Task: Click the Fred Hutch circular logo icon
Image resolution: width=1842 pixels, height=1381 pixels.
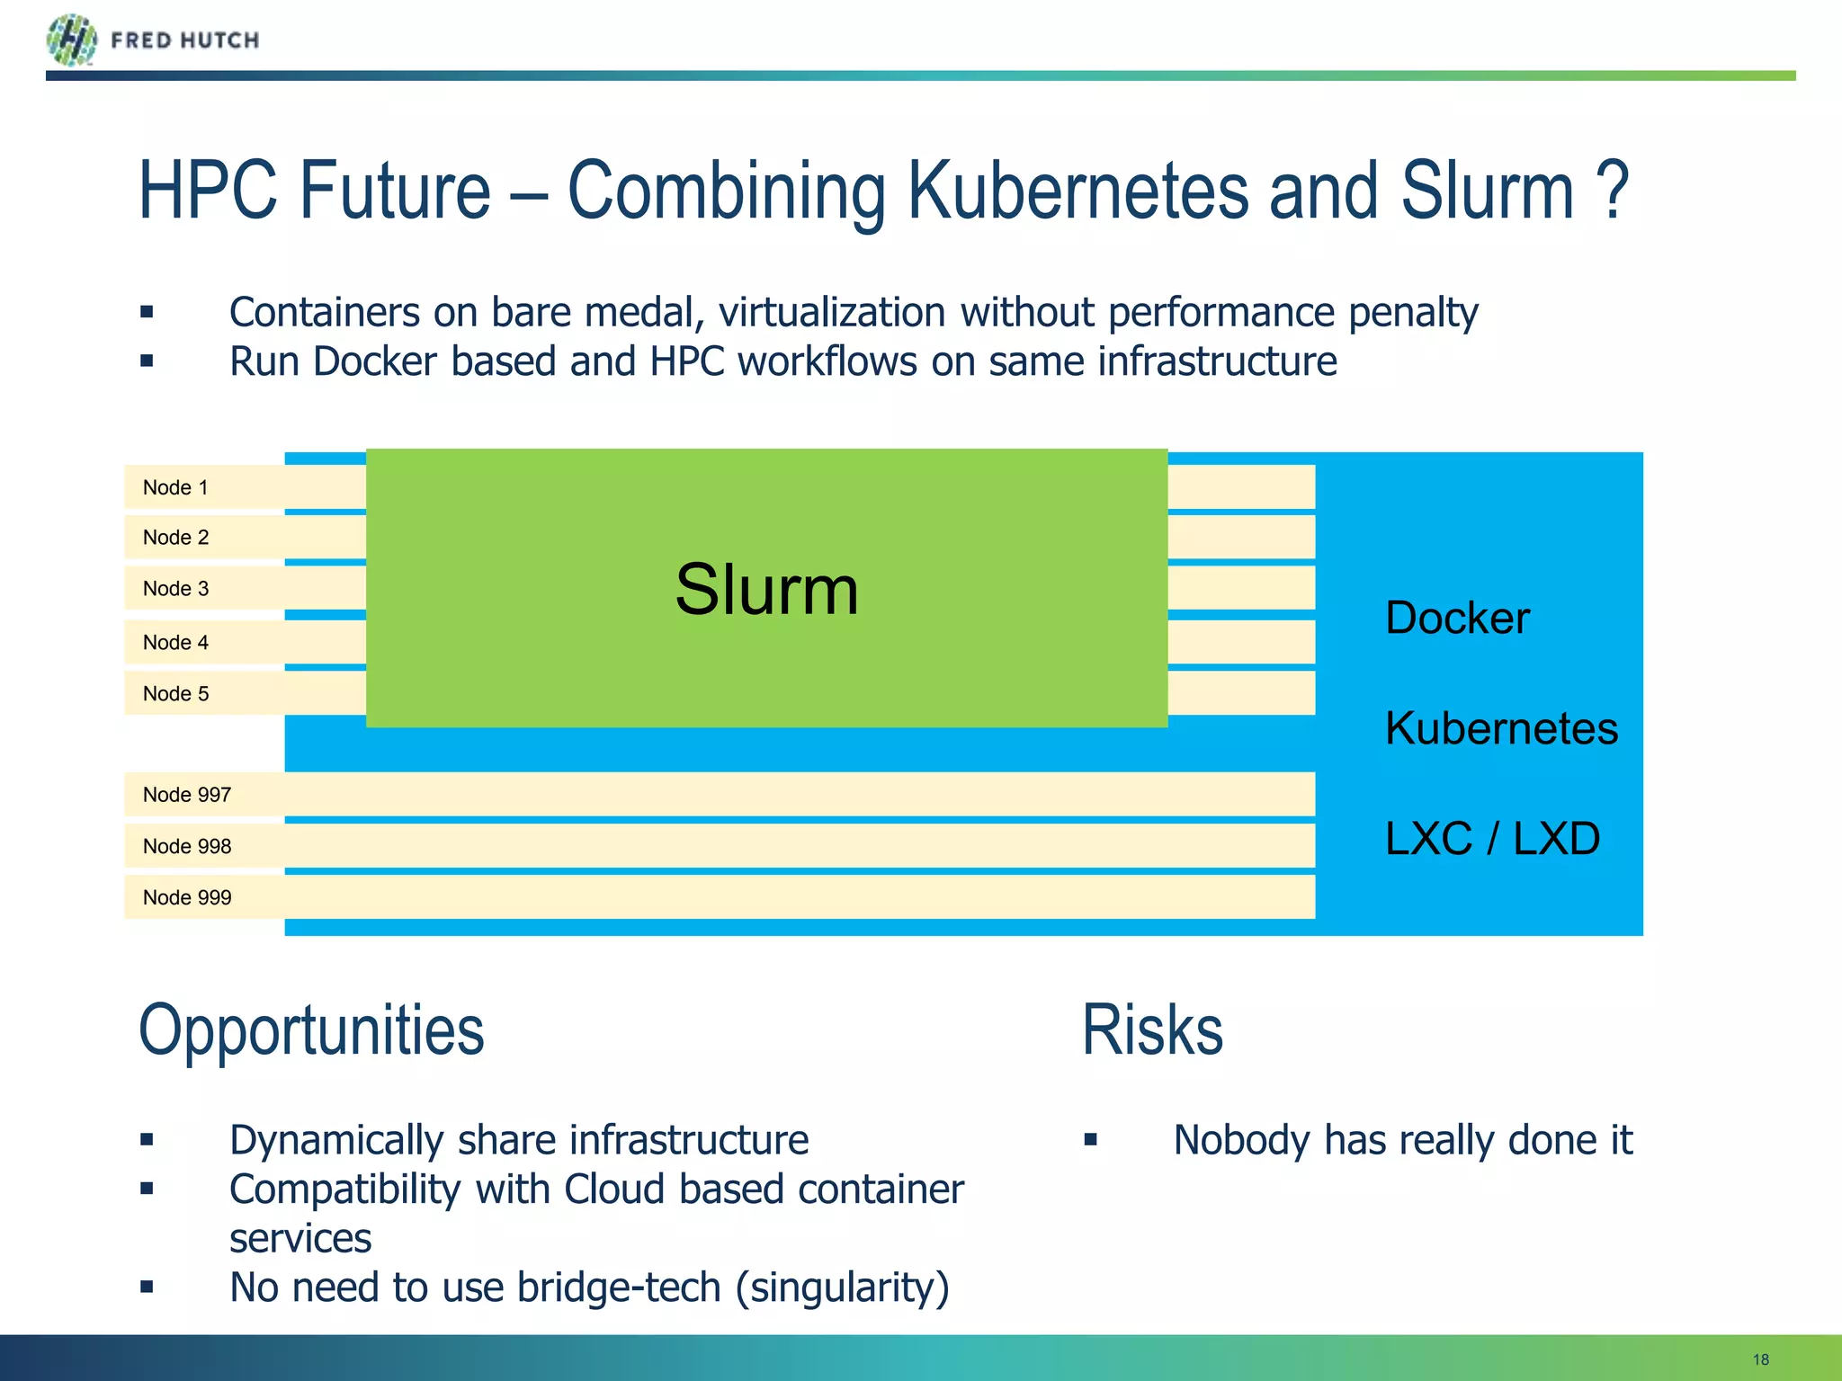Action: pyautogui.click(x=71, y=40)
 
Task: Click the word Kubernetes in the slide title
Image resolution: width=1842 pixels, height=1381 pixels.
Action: pyautogui.click(x=1077, y=191)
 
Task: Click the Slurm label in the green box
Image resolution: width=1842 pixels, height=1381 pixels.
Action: pyautogui.click(x=766, y=590)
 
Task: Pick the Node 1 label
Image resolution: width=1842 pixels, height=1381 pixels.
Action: pyautogui.click(x=175, y=487)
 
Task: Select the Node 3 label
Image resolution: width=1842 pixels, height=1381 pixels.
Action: pyautogui.click(x=175, y=589)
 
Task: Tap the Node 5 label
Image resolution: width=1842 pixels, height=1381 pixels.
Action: pyautogui.click(x=175, y=694)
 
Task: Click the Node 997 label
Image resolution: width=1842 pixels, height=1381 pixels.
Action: pyautogui.click(x=187, y=795)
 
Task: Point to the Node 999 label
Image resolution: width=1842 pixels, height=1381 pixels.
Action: pyautogui.click(x=187, y=897)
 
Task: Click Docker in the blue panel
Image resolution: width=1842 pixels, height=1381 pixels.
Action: pyautogui.click(x=1457, y=619)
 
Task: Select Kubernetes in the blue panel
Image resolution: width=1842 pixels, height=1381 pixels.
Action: pyautogui.click(x=1501, y=728)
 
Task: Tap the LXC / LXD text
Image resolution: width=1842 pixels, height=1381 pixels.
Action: pyautogui.click(x=1492, y=839)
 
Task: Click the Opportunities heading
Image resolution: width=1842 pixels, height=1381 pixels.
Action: pyautogui.click(x=311, y=1030)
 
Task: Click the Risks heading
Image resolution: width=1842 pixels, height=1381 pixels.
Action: pyautogui.click(x=1152, y=1030)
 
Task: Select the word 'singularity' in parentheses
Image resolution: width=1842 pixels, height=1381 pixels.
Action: pyautogui.click(x=842, y=1288)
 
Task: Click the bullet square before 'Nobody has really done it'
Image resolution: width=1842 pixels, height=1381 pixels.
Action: pyautogui.click(x=1091, y=1140)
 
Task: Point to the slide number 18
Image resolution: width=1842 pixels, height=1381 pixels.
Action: pyautogui.click(x=1760, y=1359)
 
